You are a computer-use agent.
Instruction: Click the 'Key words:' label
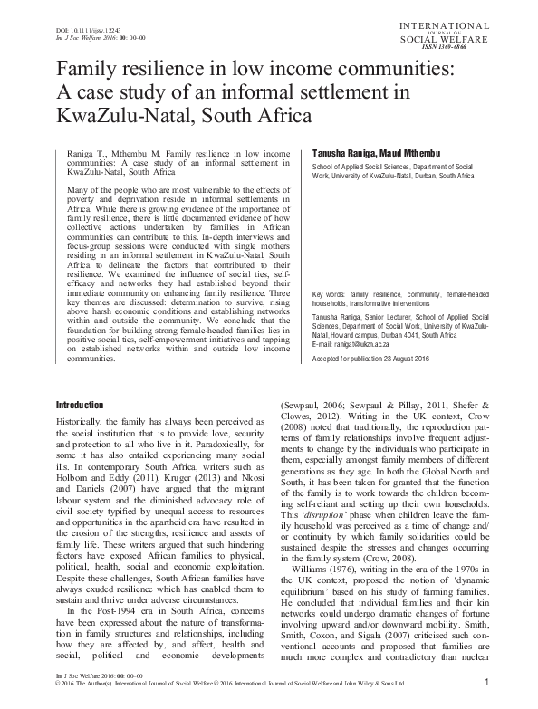[328, 295]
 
